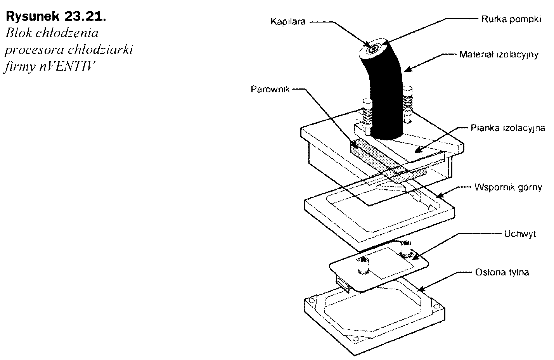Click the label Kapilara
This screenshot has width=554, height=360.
[288, 22]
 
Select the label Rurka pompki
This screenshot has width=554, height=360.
[511, 19]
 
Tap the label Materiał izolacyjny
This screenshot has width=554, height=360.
[499, 55]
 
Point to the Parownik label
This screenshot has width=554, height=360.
[270, 90]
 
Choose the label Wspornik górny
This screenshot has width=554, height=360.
[508, 187]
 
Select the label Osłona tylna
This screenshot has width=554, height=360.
[502, 272]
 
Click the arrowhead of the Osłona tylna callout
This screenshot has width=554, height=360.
[416, 289]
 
